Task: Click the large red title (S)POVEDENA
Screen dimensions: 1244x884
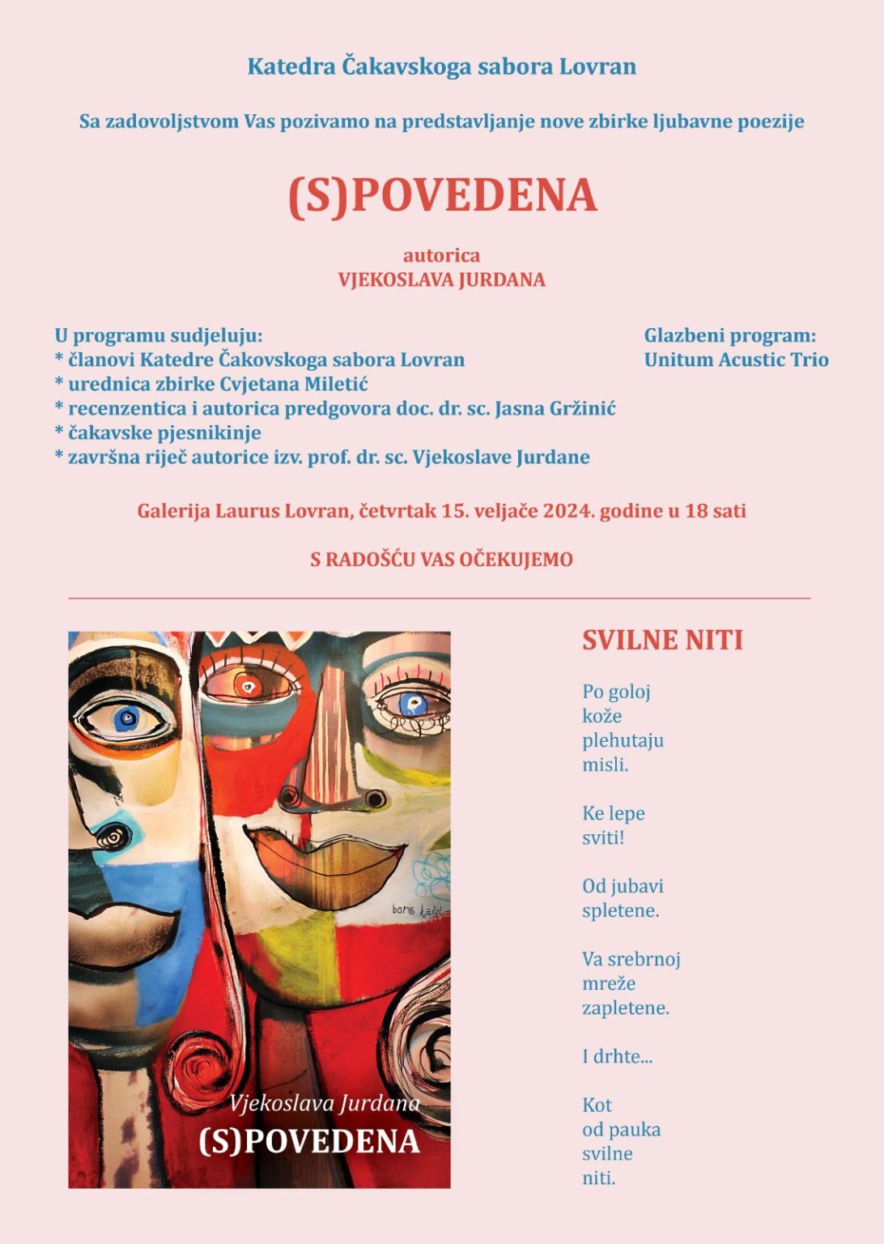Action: tap(442, 196)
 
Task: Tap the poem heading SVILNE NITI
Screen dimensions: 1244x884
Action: tap(662, 640)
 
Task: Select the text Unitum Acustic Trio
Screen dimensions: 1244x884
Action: tap(736, 360)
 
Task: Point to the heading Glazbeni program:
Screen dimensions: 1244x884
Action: tap(729, 335)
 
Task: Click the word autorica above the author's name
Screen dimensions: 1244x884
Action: tap(441, 255)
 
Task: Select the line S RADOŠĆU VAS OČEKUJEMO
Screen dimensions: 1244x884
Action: tap(441, 559)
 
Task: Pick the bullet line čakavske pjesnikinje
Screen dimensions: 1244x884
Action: tap(164, 432)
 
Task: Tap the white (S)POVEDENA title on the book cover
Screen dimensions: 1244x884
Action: tap(309, 1141)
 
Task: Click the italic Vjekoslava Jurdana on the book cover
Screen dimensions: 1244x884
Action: tap(325, 1103)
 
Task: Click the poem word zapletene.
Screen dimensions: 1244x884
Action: tap(626, 1008)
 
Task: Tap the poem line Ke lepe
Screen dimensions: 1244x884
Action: tap(614, 813)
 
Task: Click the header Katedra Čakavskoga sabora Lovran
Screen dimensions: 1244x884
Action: tap(441, 66)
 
